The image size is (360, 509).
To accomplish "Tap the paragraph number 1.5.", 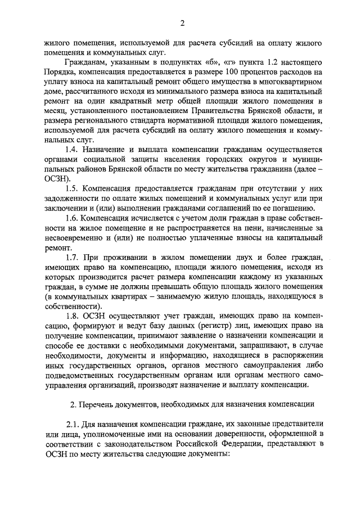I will (72, 189).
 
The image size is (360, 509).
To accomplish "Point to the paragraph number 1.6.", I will (72, 218).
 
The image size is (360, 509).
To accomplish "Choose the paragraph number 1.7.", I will (72, 258).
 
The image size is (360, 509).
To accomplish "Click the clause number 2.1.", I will (73, 423).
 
